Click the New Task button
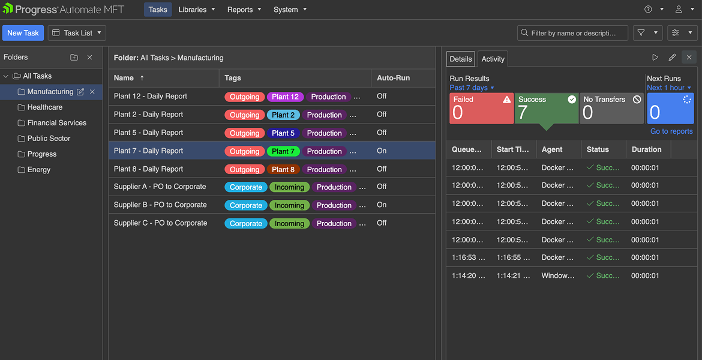point(23,33)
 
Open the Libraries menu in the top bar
point(196,10)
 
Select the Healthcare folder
point(44,107)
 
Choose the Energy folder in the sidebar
point(38,170)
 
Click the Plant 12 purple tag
point(285,97)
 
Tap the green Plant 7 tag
point(283,151)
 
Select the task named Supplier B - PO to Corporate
point(160,205)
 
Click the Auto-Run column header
point(394,78)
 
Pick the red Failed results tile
point(481,109)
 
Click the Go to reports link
point(671,131)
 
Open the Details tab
point(461,59)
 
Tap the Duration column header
point(646,149)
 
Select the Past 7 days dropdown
point(472,88)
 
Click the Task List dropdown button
point(77,33)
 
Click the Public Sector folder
point(49,139)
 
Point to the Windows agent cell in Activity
point(557,276)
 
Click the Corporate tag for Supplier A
point(246,187)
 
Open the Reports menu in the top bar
point(244,10)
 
